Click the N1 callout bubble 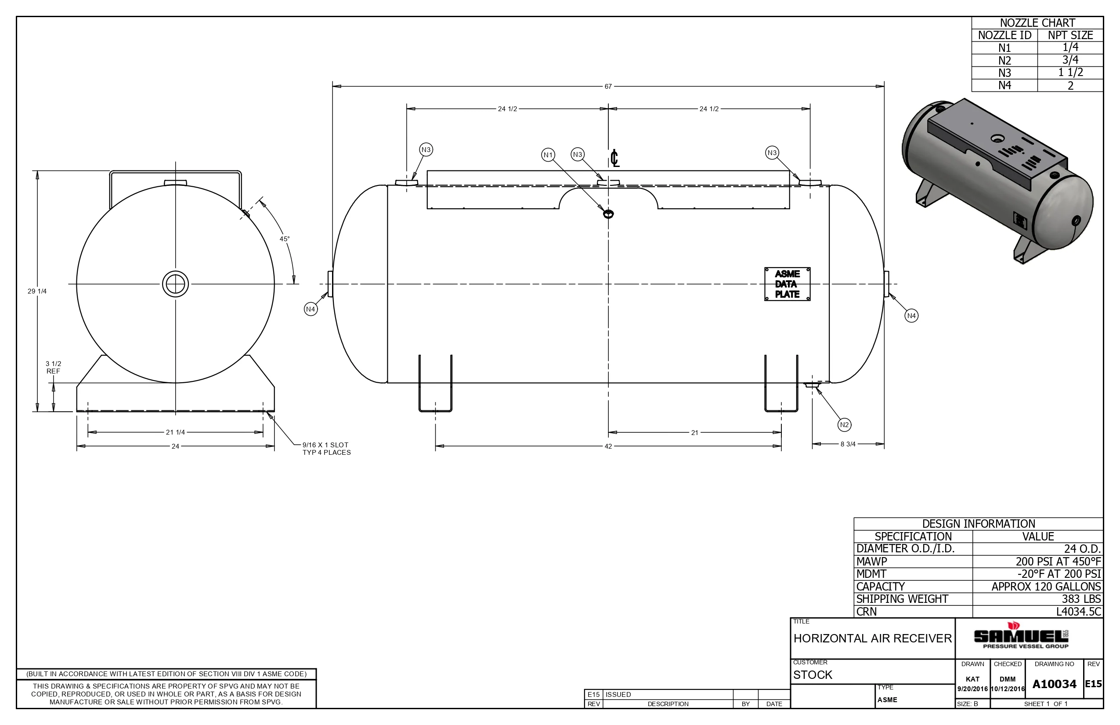point(548,155)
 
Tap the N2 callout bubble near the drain point(844,424)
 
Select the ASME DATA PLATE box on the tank point(787,284)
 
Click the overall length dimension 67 point(608,87)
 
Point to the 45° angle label point(285,239)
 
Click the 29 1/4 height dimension point(37,291)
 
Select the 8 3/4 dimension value point(848,444)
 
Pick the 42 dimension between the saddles point(608,446)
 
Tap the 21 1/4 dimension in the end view point(175,432)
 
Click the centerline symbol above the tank point(614,158)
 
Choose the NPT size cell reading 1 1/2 point(1071,72)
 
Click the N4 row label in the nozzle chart point(1005,85)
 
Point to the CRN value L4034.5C point(1079,612)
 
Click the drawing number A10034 point(1055,684)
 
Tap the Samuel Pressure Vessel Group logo point(1021,636)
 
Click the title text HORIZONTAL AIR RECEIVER point(872,638)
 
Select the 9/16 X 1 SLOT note point(325,445)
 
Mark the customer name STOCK point(813,674)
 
